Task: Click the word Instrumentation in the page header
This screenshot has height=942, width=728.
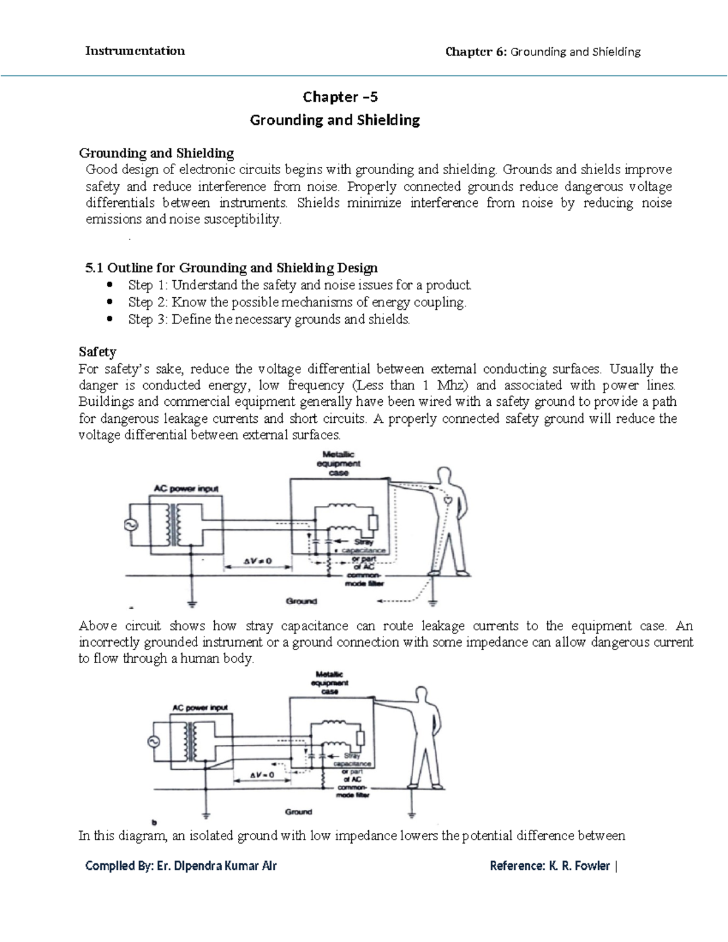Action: pos(135,51)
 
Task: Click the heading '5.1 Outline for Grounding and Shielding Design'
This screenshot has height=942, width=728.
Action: pos(231,267)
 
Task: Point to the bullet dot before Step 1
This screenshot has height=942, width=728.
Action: pos(109,284)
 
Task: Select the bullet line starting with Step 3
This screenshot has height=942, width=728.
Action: pos(269,319)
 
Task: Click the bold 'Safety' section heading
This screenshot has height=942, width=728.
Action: pos(98,352)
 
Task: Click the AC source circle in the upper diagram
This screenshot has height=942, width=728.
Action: pos(132,525)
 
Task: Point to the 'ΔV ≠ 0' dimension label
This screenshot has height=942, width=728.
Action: pos(258,561)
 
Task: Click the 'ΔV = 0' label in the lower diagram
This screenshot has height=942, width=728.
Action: pos(263,775)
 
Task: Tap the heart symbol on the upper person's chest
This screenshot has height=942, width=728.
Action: pos(447,500)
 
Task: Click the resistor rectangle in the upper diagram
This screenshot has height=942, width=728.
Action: pos(374,523)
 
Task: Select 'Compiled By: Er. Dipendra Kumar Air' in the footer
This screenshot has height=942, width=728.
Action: pos(181,866)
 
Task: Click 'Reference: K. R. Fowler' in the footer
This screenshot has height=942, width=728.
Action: pos(550,866)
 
